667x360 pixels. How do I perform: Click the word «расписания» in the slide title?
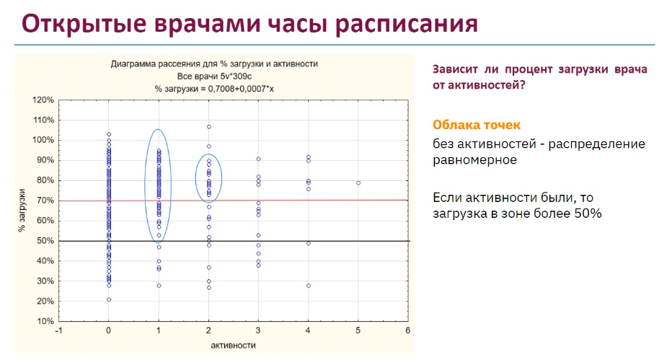click(406, 24)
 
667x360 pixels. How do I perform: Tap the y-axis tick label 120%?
click(43, 100)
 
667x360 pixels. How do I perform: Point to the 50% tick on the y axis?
click(43, 241)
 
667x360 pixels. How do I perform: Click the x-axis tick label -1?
click(58, 330)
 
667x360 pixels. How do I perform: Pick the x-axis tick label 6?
click(408, 330)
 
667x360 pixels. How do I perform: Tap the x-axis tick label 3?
click(258, 330)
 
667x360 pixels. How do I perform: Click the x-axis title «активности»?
click(233, 346)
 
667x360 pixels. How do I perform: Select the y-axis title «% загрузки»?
click(22, 211)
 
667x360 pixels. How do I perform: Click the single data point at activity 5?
click(358, 183)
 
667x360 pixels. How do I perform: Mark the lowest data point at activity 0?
click(109, 299)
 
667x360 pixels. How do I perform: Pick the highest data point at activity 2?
click(209, 127)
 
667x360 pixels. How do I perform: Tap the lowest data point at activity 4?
click(309, 286)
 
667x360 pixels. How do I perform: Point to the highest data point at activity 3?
click(258, 159)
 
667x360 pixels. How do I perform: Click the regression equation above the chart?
click(214, 89)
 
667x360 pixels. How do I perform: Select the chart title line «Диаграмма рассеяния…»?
click(214, 63)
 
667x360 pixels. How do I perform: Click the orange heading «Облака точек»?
click(477, 125)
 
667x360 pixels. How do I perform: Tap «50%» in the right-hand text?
click(588, 214)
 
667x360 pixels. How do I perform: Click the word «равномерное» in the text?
click(474, 160)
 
